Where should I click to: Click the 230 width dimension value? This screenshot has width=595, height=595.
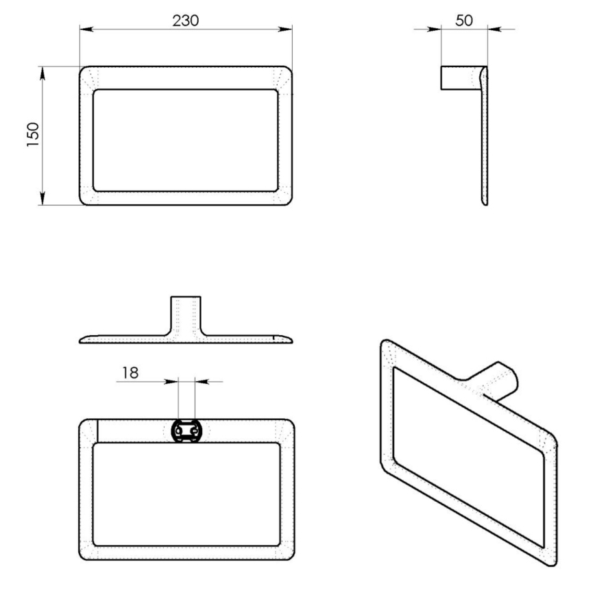[185, 21]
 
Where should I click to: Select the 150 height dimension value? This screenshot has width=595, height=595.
[32, 135]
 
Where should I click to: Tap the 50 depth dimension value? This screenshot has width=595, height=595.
[464, 21]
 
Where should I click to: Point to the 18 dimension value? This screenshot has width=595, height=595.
[130, 372]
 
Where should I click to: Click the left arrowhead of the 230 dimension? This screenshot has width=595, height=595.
[84, 29]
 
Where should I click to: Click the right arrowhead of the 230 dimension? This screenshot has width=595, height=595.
[288, 29]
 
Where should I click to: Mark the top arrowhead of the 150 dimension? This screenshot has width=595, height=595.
[43, 71]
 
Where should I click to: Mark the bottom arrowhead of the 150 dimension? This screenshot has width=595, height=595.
[43, 199]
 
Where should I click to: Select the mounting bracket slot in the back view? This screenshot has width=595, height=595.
[186, 431]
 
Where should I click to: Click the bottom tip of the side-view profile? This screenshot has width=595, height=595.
[485, 204]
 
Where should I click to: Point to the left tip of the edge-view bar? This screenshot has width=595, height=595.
[82, 340]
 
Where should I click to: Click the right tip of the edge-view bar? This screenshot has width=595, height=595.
[291, 339]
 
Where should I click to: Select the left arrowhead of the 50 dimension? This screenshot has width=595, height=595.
[436, 29]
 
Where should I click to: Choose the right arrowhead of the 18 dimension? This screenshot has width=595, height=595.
[199, 380]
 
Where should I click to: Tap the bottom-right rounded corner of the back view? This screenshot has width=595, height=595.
[289, 557]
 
